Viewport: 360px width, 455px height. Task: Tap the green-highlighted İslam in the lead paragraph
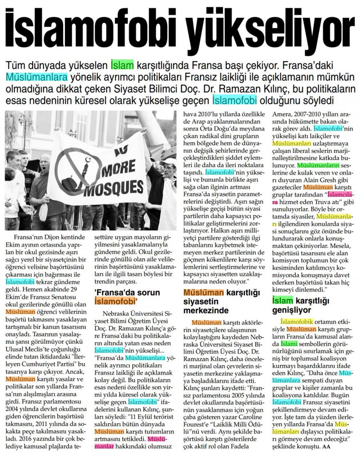point(122,66)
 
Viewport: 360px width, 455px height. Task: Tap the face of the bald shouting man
point(45,164)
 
